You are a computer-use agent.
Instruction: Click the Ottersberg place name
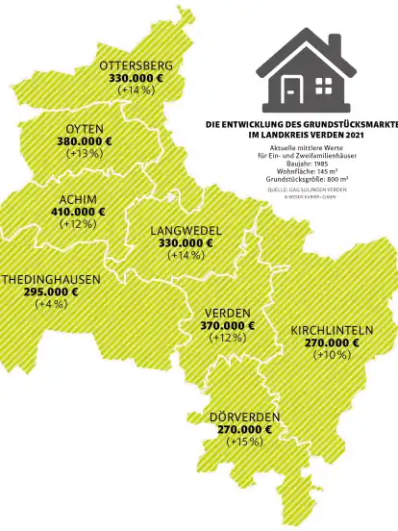136,65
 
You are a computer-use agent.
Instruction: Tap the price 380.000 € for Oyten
85,141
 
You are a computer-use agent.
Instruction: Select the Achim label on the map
78,199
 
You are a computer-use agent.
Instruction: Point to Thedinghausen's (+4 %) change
49,304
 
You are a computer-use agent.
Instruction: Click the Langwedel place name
187,231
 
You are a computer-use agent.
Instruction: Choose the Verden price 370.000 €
228,326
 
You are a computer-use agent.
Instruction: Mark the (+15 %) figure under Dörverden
244,442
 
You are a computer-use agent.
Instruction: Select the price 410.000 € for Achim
78,212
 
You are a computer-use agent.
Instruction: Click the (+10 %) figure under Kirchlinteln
332,354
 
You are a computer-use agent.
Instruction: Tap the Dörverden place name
244,417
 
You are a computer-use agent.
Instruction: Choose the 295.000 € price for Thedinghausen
51,291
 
